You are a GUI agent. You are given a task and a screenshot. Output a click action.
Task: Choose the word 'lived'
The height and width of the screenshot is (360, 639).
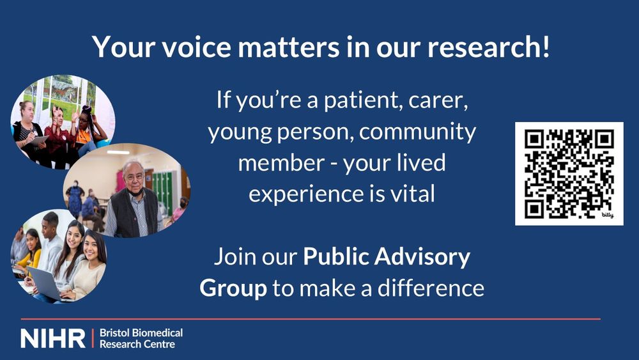coord(420,162)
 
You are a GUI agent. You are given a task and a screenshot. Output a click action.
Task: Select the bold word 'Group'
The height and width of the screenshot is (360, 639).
coord(233,288)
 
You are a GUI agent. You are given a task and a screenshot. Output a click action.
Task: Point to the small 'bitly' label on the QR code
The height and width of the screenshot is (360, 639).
coord(607,215)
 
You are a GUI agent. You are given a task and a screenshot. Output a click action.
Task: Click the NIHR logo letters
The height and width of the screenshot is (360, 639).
coord(52,338)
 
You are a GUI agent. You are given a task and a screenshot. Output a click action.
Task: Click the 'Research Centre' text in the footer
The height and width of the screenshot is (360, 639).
coord(137,344)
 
